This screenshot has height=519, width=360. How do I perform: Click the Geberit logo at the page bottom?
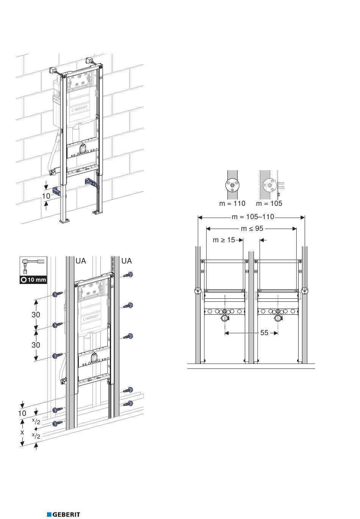click(x=64, y=514)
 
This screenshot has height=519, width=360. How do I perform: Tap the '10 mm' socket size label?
click(x=34, y=280)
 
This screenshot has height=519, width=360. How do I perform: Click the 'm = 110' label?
click(x=232, y=204)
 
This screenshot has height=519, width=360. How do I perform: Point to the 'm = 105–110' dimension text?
click(x=253, y=217)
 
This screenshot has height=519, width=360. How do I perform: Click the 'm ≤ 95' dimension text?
click(x=252, y=229)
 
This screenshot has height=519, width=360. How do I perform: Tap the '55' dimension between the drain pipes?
click(x=264, y=333)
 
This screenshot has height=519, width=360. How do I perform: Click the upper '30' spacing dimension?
click(x=36, y=315)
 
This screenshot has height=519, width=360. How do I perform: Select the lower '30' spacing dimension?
click(x=36, y=345)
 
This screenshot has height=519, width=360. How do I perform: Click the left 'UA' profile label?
click(x=81, y=261)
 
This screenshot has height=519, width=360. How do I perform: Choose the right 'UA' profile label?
click(x=127, y=261)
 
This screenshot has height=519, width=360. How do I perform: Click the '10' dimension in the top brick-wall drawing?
click(x=46, y=196)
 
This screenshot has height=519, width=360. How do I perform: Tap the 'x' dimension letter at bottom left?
click(x=22, y=432)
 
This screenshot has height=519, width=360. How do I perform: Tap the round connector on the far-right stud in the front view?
click(x=305, y=292)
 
